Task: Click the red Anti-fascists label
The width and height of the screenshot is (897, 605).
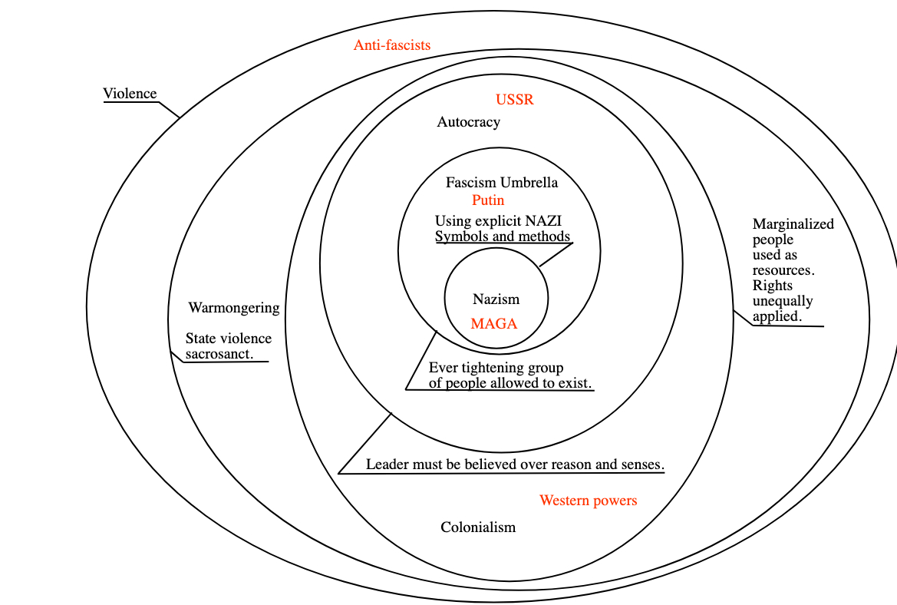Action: coord(391,45)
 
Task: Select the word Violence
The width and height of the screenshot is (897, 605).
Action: coord(130,94)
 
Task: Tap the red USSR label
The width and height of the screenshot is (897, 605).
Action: coord(514,100)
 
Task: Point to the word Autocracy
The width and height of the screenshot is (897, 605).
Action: coord(468,122)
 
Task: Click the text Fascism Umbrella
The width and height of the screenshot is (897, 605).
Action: coord(501,183)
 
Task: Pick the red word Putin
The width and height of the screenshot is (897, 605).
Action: coord(488,200)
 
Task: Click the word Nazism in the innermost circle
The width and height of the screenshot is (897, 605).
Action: coord(496,299)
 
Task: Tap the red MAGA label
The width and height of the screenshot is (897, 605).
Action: coord(493,324)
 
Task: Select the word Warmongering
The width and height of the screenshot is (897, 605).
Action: coord(233,308)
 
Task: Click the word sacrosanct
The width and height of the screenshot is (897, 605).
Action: coord(219,354)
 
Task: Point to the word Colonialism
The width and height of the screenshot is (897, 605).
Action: coord(477,527)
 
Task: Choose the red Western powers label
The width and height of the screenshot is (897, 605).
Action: coord(588,501)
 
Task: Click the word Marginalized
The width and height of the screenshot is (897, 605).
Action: coord(793,224)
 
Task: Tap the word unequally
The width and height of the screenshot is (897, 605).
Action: coord(782,301)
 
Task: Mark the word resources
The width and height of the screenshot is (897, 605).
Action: coord(782,270)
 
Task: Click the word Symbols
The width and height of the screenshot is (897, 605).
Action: coord(460,236)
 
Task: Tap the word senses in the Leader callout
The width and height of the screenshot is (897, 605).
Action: coord(643,464)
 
